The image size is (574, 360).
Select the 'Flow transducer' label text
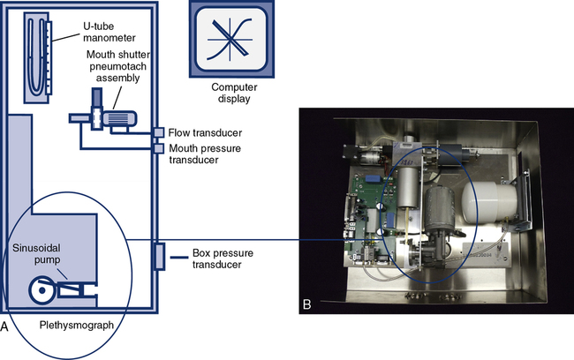point(207,133)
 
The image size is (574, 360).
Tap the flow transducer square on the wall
point(159,133)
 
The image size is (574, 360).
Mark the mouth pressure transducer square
point(159,149)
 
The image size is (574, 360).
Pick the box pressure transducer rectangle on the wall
point(158,257)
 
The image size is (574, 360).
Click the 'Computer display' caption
point(227,93)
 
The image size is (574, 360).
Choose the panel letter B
point(306,304)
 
